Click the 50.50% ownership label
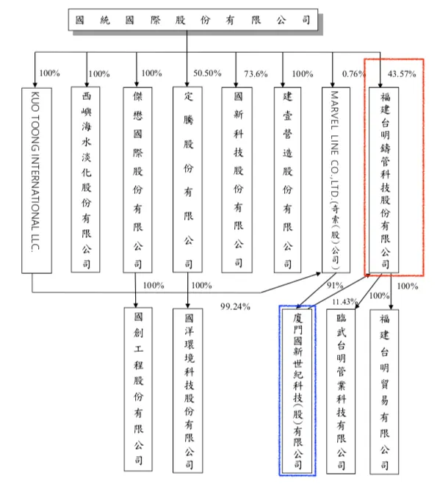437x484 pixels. [x=207, y=73]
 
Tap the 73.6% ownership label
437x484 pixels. [x=255, y=73]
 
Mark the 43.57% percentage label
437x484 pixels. [x=401, y=73]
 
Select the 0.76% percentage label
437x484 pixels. [x=353, y=73]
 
